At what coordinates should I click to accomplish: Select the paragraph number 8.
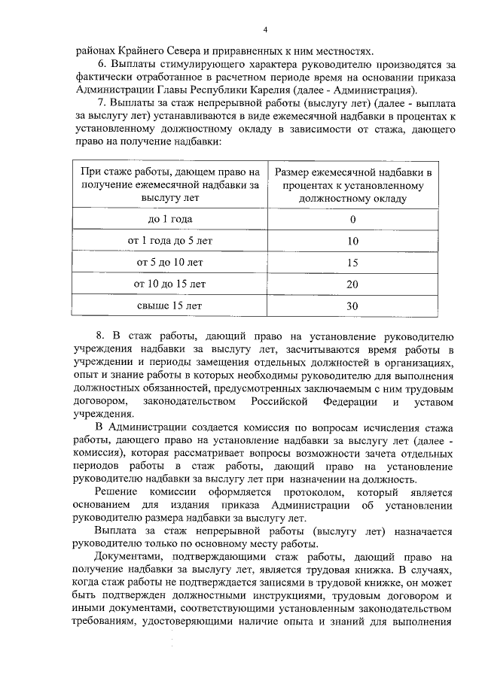(x=101, y=333)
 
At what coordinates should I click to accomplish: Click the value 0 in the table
(x=352, y=220)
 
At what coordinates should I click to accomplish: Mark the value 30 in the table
(x=352, y=307)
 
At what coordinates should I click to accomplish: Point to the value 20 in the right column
(x=352, y=285)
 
